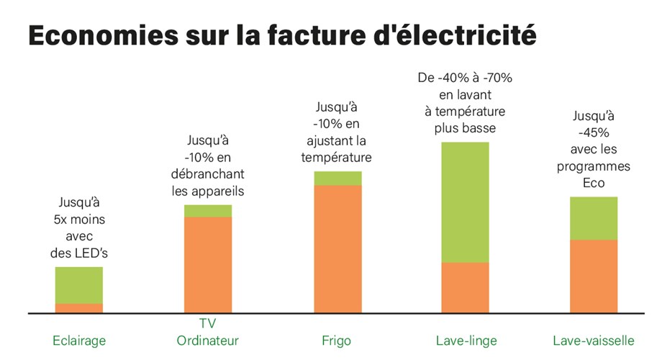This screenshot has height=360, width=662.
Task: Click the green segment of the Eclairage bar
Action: point(79,285)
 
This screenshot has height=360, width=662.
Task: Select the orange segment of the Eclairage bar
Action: point(79,309)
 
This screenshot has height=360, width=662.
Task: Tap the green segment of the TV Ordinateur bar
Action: point(208,211)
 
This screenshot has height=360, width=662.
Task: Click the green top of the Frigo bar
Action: point(337,179)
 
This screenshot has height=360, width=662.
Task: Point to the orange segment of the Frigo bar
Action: point(337,249)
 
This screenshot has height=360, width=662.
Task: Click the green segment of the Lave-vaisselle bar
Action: point(594,218)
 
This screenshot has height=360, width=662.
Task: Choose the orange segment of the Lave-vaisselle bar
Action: point(594,276)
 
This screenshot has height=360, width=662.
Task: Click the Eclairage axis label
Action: point(79,341)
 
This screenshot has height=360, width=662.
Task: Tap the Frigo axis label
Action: point(337,341)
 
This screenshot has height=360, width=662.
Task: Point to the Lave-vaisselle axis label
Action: point(594,341)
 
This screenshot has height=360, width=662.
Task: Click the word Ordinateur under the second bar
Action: point(208,341)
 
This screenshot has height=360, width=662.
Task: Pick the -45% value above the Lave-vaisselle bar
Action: point(594,133)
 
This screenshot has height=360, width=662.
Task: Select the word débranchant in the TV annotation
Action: point(208,174)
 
